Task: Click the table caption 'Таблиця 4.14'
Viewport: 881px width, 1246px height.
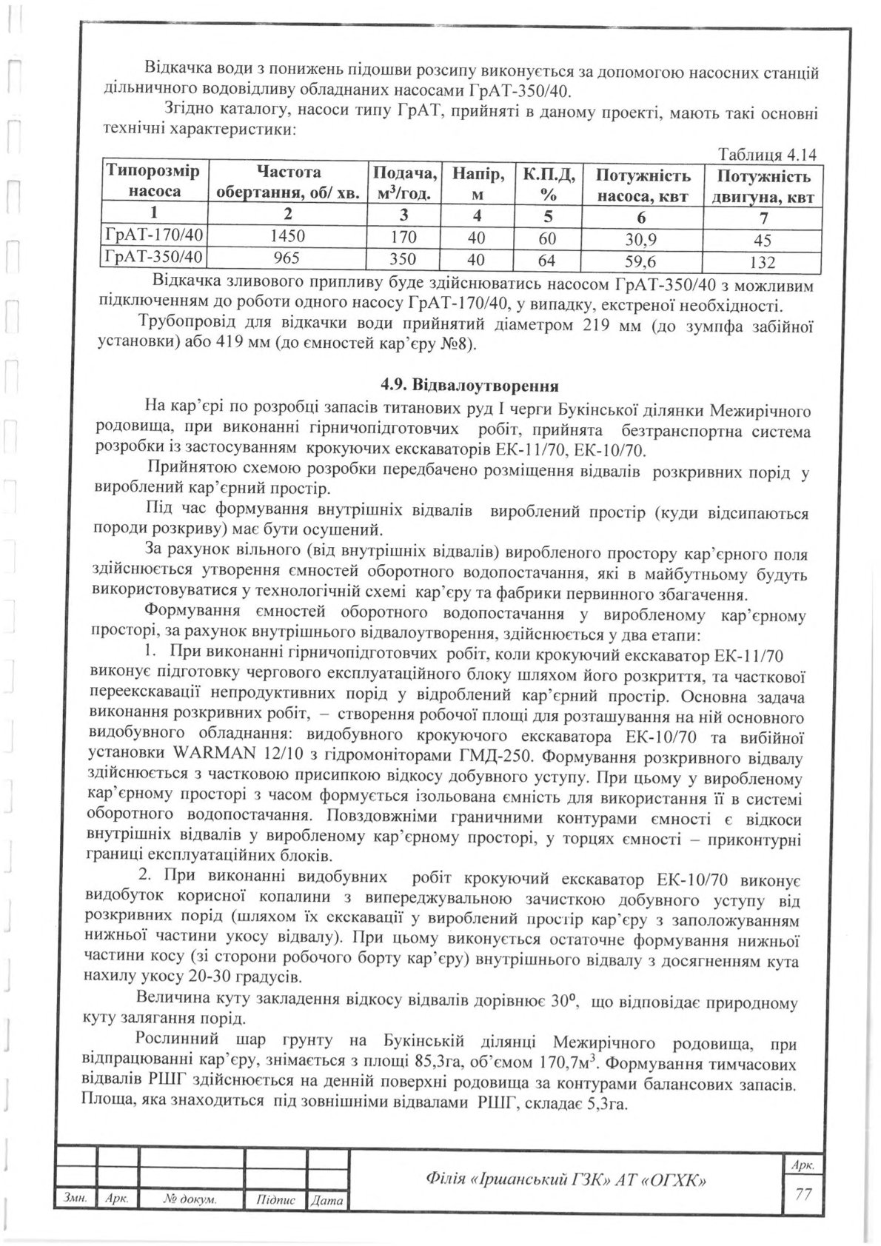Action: point(769,154)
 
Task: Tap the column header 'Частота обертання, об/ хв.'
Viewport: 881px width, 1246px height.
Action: point(287,184)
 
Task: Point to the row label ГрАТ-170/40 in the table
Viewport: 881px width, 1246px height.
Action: point(155,235)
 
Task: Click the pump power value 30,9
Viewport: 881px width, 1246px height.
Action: point(642,238)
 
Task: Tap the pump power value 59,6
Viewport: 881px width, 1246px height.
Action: point(642,260)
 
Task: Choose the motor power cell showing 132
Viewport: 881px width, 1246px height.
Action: point(762,261)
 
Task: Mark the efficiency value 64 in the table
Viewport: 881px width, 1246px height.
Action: point(548,260)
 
